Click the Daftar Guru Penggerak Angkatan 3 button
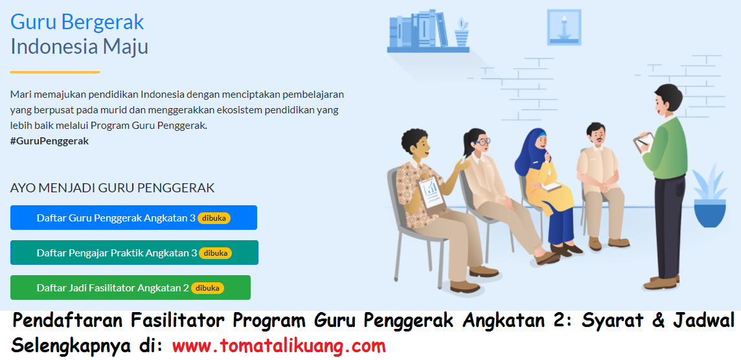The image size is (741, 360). (133, 218)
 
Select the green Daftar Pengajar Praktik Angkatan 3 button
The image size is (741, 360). (134, 253)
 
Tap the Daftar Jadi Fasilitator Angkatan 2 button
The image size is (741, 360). (130, 287)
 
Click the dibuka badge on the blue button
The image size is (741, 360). (214, 218)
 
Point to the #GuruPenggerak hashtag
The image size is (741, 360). (49, 141)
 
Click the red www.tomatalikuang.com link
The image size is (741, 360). (279, 346)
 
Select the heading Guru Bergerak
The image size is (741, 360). (77, 22)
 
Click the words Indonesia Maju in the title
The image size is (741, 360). (79, 47)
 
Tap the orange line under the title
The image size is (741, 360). (55, 72)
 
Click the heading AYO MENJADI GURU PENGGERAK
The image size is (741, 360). (112, 188)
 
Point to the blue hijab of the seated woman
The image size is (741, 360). (535, 146)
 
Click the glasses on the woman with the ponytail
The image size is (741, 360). (483, 141)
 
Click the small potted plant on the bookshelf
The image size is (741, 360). (461, 32)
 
